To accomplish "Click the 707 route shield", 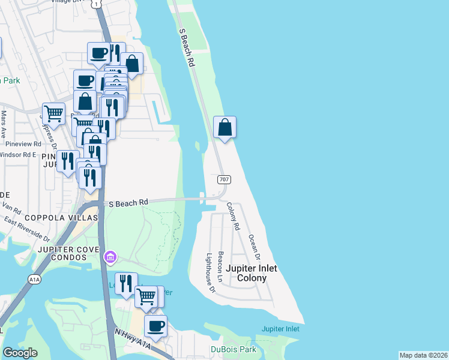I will pyautogui.click(x=223, y=179).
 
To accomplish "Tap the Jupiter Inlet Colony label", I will pyautogui.click(x=258, y=274).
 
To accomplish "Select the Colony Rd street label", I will pyautogui.click(x=233, y=217).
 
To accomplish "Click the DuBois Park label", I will pyautogui.click(x=234, y=349).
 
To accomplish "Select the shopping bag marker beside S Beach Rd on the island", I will pyautogui.click(x=224, y=127).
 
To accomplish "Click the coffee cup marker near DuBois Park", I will pyautogui.click(x=156, y=326).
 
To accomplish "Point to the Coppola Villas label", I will pyautogui.click(x=59, y=217).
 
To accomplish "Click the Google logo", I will pyautogui.click(x=20, y=353).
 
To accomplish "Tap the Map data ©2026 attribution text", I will pyautogui.click(x=423, y=355).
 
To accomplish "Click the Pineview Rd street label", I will pyautogui.click(x=21, y=144).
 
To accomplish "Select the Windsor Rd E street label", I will pyautogui.click(x=18, y=154).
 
